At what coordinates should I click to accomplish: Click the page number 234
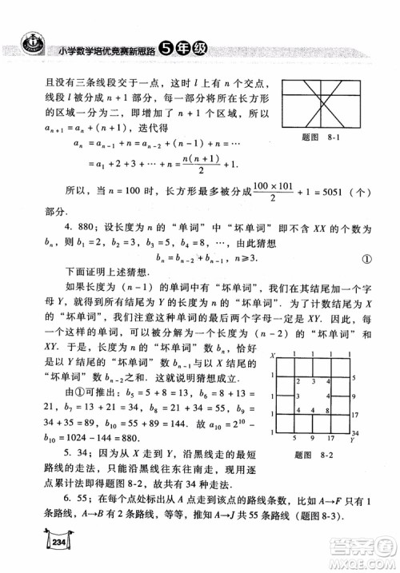(x=36, y=540)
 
